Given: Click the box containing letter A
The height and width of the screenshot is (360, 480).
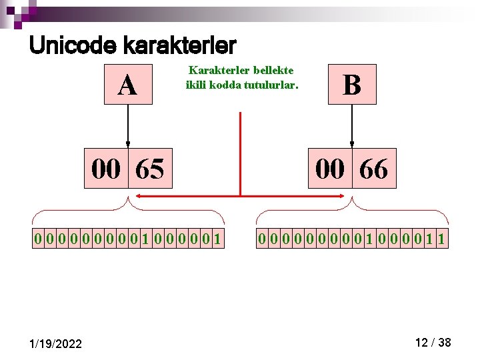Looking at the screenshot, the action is click(128, 85).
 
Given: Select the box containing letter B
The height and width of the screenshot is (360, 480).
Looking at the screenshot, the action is click(352, 85).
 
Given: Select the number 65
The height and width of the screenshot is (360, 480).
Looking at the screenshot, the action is click(149, 169).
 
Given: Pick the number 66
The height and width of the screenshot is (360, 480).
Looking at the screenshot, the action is click(373, 169).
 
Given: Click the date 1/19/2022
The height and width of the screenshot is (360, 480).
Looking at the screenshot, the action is click(57, 343).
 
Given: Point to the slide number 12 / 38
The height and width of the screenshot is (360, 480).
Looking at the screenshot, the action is click(433, 343).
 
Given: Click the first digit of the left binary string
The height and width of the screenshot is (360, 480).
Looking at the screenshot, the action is click(39, 238).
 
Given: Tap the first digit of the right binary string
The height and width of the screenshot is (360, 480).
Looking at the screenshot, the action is click(263, 238).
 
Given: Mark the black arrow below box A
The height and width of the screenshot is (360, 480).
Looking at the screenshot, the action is click(128, 126).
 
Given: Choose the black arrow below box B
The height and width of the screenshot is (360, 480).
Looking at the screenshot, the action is click(352, 126).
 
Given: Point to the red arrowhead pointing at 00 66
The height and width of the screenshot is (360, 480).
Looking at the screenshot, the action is click(343, 196).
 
